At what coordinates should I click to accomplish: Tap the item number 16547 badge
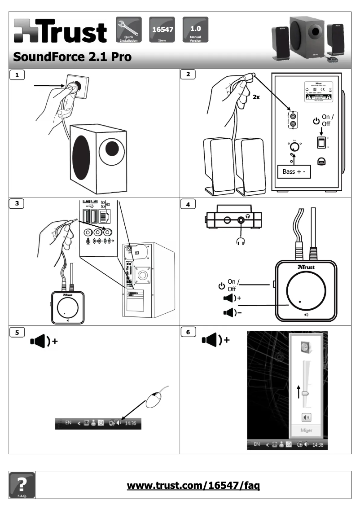[162, 29]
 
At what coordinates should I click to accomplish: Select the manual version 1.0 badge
[195, 29]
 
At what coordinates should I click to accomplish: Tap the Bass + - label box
[293, 171]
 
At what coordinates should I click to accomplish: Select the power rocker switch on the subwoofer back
[320, 143]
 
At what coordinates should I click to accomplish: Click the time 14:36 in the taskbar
[131, 422]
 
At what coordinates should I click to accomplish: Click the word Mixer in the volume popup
[306, 430]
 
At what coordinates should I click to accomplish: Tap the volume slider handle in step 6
[305, 392]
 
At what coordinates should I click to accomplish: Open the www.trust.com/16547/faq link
[193, 486]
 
